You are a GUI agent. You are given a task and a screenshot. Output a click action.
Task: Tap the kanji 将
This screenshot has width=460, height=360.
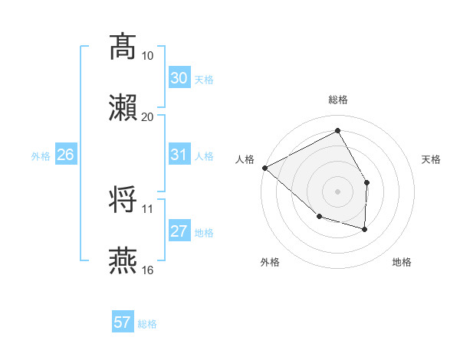coord(123,199)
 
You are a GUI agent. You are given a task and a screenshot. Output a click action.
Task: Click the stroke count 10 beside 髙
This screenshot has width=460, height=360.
coord(148,56)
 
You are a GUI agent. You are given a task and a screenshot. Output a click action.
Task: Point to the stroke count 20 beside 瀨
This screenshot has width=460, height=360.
coord(148,116)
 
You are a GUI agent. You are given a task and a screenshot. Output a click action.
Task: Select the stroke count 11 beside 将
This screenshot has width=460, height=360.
coord(147,208)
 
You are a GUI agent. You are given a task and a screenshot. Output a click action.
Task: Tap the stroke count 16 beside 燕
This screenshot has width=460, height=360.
coord(148,270)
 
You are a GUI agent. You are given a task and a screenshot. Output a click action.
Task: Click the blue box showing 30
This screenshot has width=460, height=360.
coord(179,78)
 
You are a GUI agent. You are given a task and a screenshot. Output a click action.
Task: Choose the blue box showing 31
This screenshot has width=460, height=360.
coord(179,155)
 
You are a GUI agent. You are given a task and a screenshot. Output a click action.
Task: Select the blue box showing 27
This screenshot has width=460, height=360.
coord(179,231)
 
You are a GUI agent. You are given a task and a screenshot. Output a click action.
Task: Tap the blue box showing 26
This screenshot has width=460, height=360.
coord(65,155)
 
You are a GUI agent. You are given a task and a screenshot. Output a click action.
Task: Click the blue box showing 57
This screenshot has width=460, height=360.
coord(122,322)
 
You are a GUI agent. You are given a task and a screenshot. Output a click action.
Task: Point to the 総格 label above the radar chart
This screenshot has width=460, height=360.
coord(337,100)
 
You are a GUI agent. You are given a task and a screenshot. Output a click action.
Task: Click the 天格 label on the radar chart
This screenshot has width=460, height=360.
coord(431,159)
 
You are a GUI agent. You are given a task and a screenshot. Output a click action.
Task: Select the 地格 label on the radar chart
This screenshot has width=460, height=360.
coord(402,262)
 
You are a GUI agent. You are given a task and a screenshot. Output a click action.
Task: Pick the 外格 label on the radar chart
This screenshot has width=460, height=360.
coord(270,262)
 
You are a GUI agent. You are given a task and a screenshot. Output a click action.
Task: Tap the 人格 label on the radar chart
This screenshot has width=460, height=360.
coord(245,159)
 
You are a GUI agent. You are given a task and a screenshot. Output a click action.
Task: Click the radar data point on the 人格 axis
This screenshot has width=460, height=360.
coord(264,168)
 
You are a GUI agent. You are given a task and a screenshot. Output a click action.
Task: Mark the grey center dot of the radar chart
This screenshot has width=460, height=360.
coord(337,191)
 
